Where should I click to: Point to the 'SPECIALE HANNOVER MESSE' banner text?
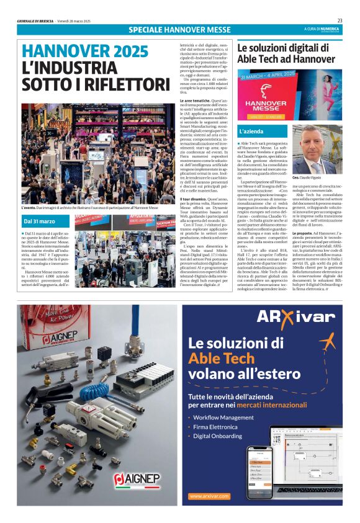point(180,30)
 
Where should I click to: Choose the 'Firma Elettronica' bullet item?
point(215,427)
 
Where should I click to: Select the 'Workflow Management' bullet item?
point(223,418)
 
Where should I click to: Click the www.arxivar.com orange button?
point(209,496)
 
